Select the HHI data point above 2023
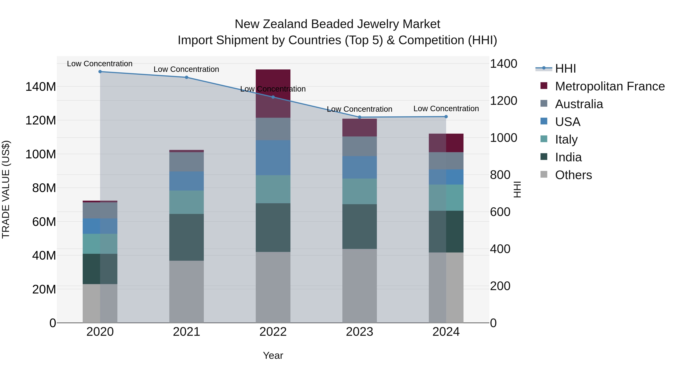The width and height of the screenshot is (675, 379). (x=359, y=117)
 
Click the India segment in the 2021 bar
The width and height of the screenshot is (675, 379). (x=187, y=237)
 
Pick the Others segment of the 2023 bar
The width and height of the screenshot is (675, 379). (x=359, y=286)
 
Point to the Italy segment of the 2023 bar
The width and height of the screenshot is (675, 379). (x=359, y=191)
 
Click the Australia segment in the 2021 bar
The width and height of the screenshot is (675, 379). (x=187, y=162)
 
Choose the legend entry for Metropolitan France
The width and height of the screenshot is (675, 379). (x=610, y=86)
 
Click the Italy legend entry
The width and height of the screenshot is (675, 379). (x=566, y=139)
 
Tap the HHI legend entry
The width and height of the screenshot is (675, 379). (x=565, y=69)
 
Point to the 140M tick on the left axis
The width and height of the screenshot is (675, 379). (x=41, y=87)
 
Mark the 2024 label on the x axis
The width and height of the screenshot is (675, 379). (x=446, y=332)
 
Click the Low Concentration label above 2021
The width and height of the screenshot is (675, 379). (x=186, y=69)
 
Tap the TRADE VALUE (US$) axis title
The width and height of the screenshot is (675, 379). (x=6, y=189)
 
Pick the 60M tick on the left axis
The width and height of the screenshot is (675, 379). (x=44, y=222)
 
